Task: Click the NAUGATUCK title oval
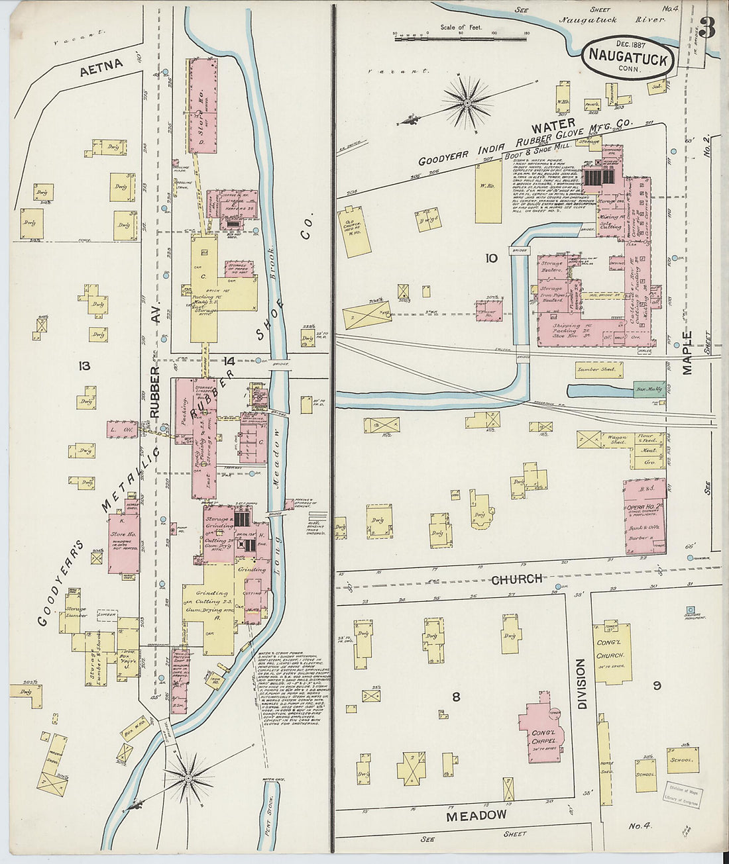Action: tap(628, 57)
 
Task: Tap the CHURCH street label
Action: tap(516, 579)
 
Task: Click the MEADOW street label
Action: tap(476, 816)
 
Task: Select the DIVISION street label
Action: tap(581, 683)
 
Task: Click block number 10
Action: tap(490, 258)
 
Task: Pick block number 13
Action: tap(84, 365)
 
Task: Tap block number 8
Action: tap(456, 696)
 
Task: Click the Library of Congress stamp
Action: tap(684, 794)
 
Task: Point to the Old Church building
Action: tap(357, 231)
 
